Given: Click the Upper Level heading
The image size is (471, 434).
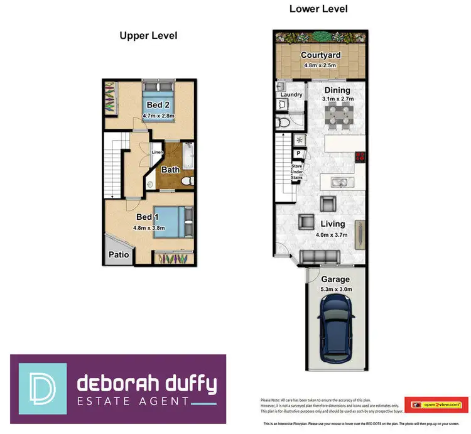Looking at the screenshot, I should click(x=148, y=36).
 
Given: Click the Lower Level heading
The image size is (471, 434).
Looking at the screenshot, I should click(x=318, y=9).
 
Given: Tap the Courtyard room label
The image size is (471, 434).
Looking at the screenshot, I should click(x=320, y=55).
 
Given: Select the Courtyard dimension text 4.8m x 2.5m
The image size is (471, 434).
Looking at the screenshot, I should click(x=320, y=64).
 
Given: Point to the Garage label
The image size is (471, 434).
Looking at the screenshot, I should click(x=335, y=279).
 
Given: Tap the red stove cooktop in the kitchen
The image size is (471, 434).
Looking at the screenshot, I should click(x=360, y=158).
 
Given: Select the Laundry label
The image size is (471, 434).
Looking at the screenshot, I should click(x=291, y=95).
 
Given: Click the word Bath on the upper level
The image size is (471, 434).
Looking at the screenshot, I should click(x=170, y=170).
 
